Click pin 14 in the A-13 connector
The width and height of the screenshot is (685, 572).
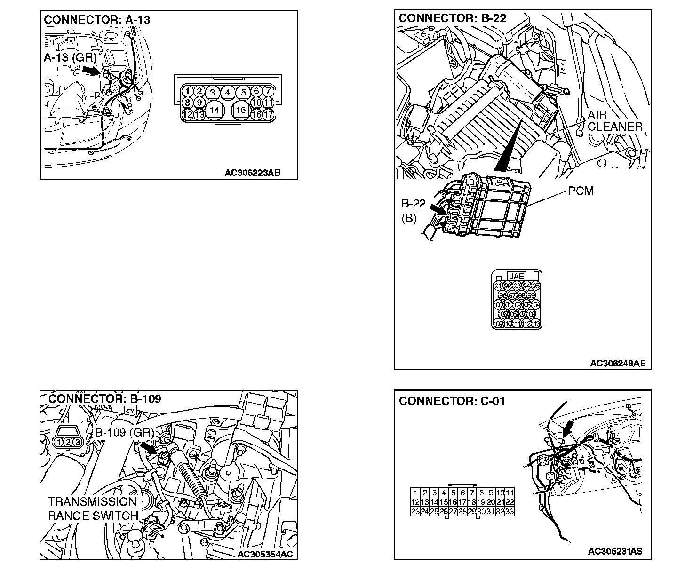coord(215,110)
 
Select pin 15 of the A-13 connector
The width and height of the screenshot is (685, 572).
coord(241,110)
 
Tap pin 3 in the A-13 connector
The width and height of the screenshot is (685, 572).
coord(213,93)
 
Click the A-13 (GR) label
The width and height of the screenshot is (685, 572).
coord(70,58)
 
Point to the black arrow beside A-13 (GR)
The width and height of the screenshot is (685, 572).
coord(92,70)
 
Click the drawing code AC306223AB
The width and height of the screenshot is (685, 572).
coord(252,173)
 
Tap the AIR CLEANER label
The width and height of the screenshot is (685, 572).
coord(615,121)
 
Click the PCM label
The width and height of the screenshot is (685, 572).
coord(581,191)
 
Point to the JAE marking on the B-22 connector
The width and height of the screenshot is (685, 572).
coord(516,276)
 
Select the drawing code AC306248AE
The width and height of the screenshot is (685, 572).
coord(618,363)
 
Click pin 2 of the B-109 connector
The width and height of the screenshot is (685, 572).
coord(68,442)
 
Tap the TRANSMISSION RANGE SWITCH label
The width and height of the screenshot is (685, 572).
coord(92,508)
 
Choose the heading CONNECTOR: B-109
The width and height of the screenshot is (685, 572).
coord(104,399)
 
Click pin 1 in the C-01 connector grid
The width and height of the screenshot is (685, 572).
coord(415,493)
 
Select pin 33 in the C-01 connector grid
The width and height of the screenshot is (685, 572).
coord(509,511)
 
